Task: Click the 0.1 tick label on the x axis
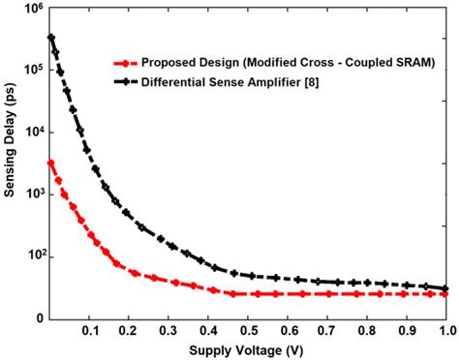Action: pyautogui.click(x=90, y=331)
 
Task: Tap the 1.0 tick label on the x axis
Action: pyautogui.click(x=446, y=331)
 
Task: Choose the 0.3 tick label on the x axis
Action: pyautogui.click(x=169, y=331)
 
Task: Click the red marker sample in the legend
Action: pyautogui.click(x=120, y=61)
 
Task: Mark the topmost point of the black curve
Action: pyautogui.click(x=50, y=38)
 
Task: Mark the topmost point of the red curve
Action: pyautogui.click(x=50, y=163)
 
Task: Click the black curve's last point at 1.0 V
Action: pyautogui.click(x=446, y=288)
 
